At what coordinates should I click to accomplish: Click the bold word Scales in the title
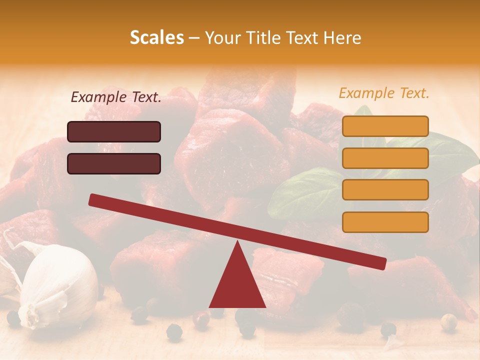156,37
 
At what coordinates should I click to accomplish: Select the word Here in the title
343,38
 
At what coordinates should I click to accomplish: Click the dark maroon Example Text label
116,97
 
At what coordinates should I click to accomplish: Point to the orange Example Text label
384,93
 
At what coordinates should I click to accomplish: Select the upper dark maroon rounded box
114,132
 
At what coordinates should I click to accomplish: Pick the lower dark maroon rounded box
114,163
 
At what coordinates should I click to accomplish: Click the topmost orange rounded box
385,126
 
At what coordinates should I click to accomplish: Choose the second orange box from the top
385,158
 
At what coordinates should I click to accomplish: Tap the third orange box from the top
385,189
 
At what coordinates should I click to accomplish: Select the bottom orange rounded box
385,222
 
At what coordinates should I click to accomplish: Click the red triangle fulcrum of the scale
237,285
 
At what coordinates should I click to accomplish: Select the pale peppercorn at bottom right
449,322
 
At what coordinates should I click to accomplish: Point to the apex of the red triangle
237,242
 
